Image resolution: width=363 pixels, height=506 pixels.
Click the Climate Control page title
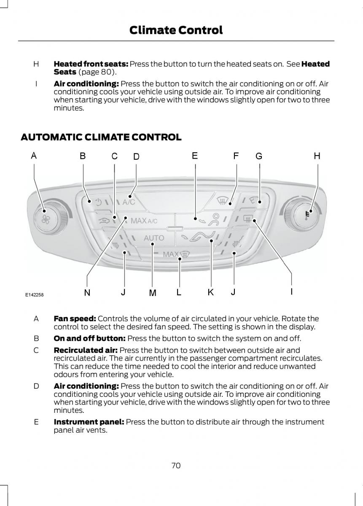click(x=176, y=30)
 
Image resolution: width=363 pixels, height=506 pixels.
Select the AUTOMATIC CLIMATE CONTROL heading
click(x=101, y=137)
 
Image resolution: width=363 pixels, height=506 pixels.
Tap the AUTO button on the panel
click(x=154, y=238)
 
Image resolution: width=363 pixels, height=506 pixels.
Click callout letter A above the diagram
click(x=33, y=156)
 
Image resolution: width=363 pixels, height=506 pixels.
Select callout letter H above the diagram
click(x=317, y=156)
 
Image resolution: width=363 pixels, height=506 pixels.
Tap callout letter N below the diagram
click(x=87, y=292)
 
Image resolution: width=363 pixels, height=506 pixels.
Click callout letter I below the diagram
click(x=291, y=291)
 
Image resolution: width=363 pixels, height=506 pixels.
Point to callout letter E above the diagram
click(x=195, y=156)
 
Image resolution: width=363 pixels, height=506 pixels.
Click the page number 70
click(x=176, y=466)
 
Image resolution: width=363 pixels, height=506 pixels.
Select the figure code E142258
click(x=34, y=295)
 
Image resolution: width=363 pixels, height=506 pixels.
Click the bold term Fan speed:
click(x=75, y=319)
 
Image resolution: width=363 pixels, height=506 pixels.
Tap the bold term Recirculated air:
click(x=86, y=350)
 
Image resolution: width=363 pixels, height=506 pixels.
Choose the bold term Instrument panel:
click(x=89, y=422)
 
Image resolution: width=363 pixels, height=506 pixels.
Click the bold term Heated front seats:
click(x=91, y=64)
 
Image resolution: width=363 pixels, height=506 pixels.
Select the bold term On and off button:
click(x=89, y=338)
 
